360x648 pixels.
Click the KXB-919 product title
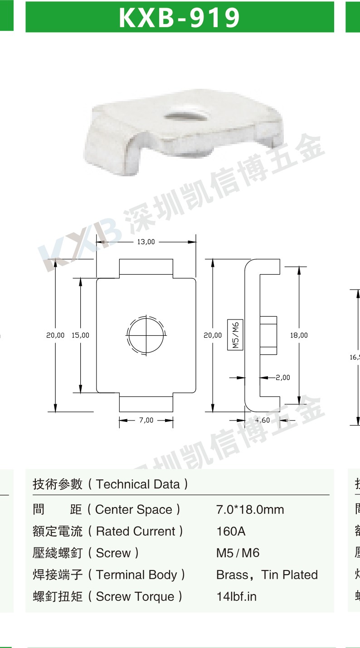pos(180,17)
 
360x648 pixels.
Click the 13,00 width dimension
pos(146,242)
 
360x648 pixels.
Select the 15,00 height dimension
pos(80,335)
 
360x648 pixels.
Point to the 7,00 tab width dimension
pos(146,420)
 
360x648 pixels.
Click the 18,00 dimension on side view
pos(299,335)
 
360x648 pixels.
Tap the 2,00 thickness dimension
pos(283,377)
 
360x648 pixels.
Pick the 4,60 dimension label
pos(263,420)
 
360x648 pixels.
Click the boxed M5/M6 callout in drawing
pos(235,335)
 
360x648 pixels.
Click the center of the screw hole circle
pos(146,335)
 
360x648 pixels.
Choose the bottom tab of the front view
pos(146,402)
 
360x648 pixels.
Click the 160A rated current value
pos(231,531)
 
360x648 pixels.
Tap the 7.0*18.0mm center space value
pos(250,509)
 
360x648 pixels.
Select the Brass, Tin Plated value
pos(267,575)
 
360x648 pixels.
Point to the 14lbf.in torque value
pos(236,596)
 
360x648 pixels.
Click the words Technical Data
pos(138,484)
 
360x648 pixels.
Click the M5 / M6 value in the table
pos(238,553)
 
